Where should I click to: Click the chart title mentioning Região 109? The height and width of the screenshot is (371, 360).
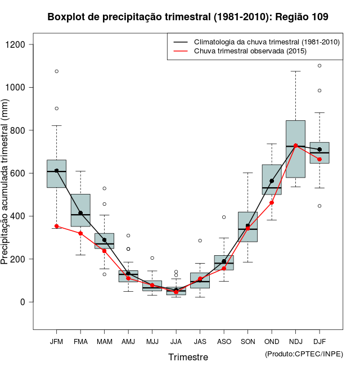(188, 17)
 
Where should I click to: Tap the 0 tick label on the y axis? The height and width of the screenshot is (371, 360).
(24, 302)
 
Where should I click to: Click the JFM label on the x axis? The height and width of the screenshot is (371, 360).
(56, 342)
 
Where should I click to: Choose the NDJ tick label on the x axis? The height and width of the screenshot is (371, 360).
(295, 342)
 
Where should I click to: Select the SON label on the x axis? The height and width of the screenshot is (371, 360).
(247, 342)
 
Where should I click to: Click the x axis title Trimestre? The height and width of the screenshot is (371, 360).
(188, 357)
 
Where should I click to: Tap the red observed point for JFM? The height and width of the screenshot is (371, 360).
(56, 226)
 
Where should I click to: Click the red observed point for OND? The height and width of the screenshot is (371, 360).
(272, 202)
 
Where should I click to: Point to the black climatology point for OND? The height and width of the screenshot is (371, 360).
(272, 181)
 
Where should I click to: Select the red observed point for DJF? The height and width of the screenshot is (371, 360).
(319, 159)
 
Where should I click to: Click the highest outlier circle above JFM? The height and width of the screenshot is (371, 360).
(56, 71)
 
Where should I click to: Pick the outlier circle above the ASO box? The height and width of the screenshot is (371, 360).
(224, 217)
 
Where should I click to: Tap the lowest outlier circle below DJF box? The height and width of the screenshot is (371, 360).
(319, 206)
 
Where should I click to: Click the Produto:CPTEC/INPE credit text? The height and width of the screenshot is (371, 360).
(304, 354)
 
